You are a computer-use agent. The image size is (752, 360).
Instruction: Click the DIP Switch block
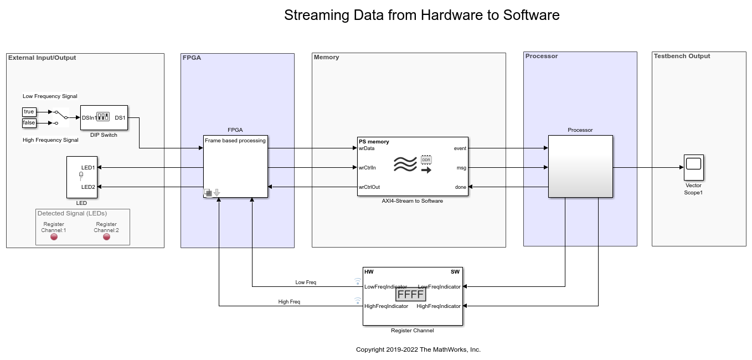coord(104,117)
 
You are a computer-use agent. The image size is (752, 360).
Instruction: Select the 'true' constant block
coord(29,112)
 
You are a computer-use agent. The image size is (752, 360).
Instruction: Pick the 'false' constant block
coord(29,123)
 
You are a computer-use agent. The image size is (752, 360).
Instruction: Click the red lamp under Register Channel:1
coord(54,237)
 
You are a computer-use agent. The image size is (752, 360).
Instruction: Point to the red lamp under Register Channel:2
coord(106,237)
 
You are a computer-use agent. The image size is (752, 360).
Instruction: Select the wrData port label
coord(367,148)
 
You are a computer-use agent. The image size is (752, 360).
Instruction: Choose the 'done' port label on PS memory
coord(460,187)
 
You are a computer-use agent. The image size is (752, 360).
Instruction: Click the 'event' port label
coord(460,148)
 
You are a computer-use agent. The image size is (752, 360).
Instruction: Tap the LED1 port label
coord(88,167)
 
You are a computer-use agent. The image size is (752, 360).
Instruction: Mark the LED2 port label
coord(88,187)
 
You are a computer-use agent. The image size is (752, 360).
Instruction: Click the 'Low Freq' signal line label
coord(306,282)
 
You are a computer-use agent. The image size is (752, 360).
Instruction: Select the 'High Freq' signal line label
coord(289,302)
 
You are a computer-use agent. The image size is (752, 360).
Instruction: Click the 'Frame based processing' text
coord(235,141)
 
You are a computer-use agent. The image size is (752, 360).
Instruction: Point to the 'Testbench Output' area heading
coord(682,56)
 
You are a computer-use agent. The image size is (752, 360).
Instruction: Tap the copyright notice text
coord(418,349)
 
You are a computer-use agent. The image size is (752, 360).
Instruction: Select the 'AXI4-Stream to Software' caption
coord(412,201)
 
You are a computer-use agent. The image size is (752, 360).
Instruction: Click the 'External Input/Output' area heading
coord(42,58)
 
